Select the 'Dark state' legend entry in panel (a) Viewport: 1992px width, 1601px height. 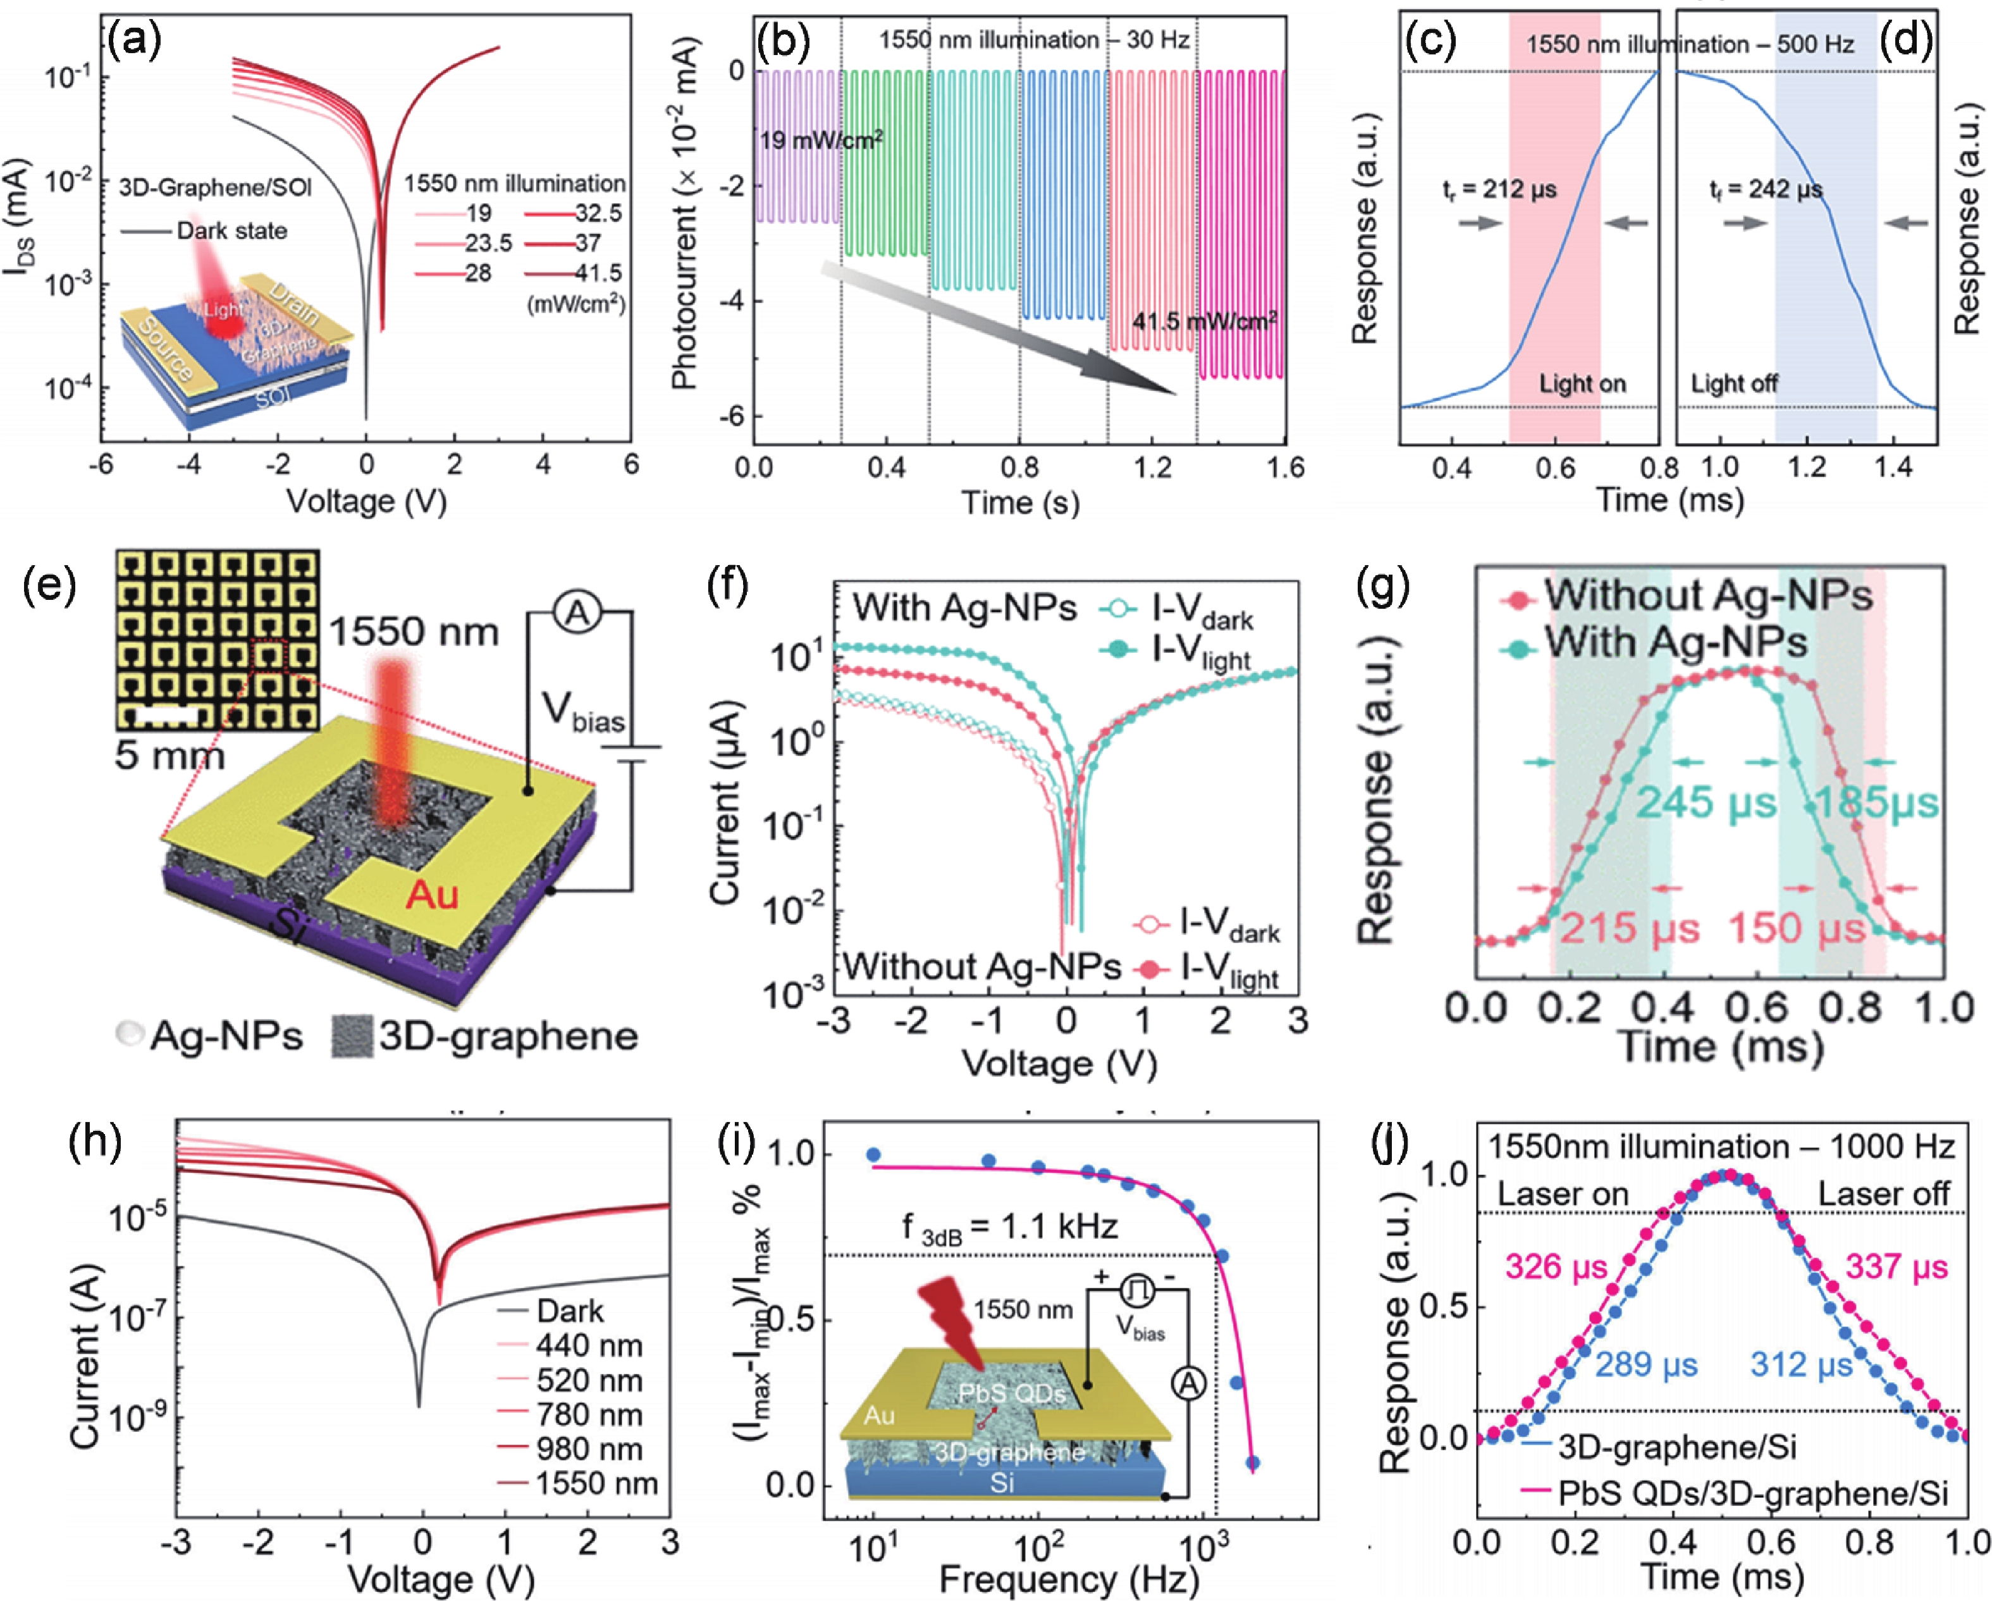click(x=231, y=230)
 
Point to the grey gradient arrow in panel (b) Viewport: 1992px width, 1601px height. click(x=998, y=328)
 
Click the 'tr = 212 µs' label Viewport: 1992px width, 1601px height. click(x=1499, y=190)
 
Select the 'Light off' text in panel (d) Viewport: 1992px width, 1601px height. click(x=1734, y=383)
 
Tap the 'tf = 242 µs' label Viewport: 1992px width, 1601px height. click(x=1766, y=190)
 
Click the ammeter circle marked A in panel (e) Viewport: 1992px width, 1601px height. click(x=577, y=613)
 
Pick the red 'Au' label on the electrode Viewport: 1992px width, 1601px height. click(x=433, y=894)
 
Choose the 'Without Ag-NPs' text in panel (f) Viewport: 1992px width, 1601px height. click(x=982, y=967)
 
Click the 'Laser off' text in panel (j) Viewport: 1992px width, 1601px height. click(x=1884, y=1193)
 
